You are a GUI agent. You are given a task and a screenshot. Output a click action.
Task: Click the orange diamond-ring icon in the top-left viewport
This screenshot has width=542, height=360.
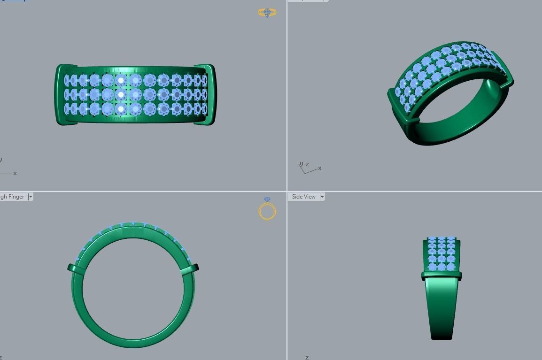click(x=267, y=13)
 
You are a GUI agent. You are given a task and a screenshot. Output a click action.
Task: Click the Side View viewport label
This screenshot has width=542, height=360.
click(x=303, y=197)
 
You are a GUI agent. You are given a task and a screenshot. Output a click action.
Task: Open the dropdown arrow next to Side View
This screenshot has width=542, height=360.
click(x=322, y=197)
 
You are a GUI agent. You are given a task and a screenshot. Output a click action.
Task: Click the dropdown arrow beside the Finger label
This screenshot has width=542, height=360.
click(x=31, y=197)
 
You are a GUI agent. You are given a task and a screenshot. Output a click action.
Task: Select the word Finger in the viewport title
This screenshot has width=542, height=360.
click(x=16, y=197)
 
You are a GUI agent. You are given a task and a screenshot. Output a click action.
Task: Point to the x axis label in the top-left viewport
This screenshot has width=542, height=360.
click(x=15, y=173)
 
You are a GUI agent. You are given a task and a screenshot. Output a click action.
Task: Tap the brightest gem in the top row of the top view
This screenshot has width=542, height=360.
click(x=121, y=80)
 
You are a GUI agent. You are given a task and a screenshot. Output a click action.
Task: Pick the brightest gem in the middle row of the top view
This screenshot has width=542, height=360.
click(x=121, y=95)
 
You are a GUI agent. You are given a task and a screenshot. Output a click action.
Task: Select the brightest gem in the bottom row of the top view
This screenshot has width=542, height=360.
click(x=121, y=109)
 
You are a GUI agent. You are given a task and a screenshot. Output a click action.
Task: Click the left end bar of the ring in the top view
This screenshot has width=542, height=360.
click(x=60, y=95)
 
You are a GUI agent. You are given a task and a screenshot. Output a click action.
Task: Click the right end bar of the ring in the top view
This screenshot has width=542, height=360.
click(x=211, y=95)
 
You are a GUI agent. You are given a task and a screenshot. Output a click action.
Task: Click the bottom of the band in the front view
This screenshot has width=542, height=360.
click(x=133, y=343)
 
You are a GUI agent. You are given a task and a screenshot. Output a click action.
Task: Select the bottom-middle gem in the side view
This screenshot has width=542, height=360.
click(x=441, y=267)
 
